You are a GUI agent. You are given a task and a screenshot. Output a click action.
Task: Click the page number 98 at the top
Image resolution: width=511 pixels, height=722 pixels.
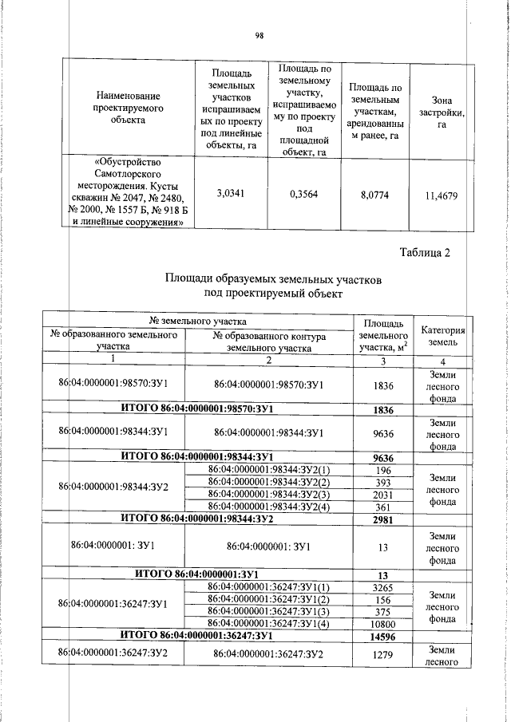[x=259, y=35]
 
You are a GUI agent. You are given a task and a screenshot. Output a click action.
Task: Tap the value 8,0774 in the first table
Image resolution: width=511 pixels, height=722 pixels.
[x=374, y=193]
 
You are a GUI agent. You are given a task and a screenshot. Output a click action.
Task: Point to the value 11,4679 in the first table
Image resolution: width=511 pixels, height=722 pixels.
[x=442, y=194]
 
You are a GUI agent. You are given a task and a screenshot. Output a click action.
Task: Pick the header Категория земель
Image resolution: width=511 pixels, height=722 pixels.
[x=442, y=335]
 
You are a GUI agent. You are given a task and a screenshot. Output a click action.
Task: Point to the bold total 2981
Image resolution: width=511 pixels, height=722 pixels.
[x=385, y=519]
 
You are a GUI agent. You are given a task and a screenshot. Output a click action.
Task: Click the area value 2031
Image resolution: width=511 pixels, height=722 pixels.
[x=385, y=493]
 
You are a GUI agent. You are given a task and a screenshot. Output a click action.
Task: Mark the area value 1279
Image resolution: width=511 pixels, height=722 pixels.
[x=385, y=655]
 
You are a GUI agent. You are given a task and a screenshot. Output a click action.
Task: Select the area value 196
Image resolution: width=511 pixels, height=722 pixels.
[x=385, y=468]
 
